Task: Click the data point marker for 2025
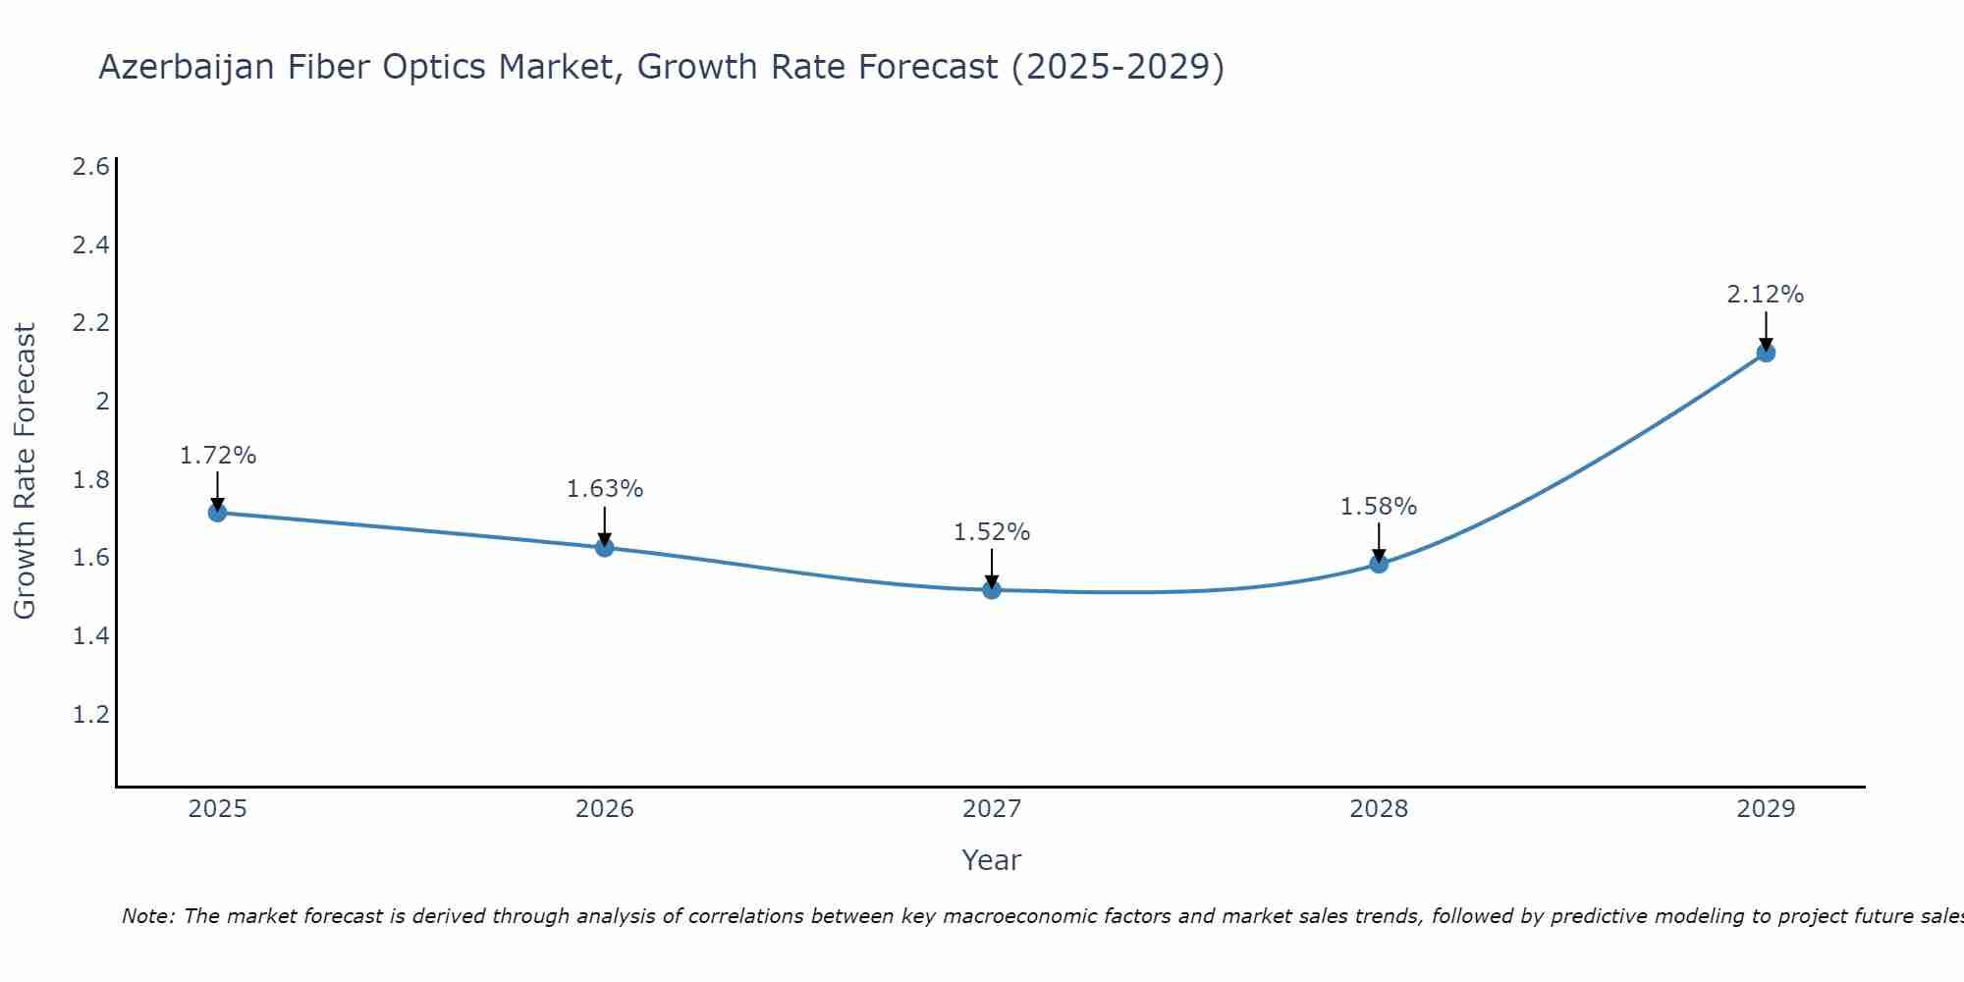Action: pyautogui.click(x=217, y=513)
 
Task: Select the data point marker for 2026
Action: pyautogui.click(x=605, y=547)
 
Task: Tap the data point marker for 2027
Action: pyautogui.click(x=992, y=590)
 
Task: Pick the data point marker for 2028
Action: pyautogui.click(x=1379, y=564)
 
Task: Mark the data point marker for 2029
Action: pyautogui.click(x=1766, y=353)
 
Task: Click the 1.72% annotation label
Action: pyautogui.click(x=217, y=456)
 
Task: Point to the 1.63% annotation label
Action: pyautogui.click(x=605, y=489)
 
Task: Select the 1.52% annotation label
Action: pyautogui.click(x=992, y=532)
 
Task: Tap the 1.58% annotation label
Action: pyautogui.click(x=1379, y=507)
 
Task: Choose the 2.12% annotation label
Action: pyautogui.click(x=1766, y=295)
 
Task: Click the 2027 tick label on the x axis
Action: pyautogui.click(x=992, y=809)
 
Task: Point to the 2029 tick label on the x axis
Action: pyautogui.click(x=1766, y=809)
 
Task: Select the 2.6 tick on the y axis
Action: pyautogui.click(x=90, y=167)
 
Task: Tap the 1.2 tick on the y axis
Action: pyautogui.click(x=90, y=714)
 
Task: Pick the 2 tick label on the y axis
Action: pyautogui.click(x=101, y=401)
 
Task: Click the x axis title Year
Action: pyautogui.click(x=992, y=860)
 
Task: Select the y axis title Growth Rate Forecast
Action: pyautogui.click(x=25, y=471)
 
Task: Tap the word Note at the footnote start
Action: pyautogui.click(x=146, y=916)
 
